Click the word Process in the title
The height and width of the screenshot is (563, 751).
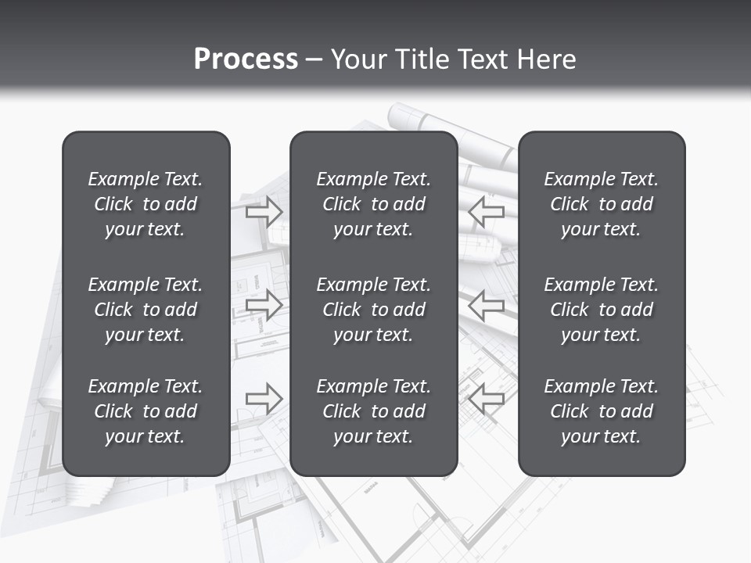click(246, 59)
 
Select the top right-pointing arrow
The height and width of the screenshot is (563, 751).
click(264, 211)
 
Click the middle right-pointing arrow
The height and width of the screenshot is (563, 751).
click(264, 304)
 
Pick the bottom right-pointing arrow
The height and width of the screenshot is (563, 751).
click(264, 399)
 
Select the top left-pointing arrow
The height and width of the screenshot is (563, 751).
click(487, 211)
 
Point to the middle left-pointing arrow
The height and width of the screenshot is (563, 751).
click(487, 304)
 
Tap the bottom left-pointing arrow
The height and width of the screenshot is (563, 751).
click(487, 399)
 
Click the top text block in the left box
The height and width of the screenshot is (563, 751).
click(146, 204)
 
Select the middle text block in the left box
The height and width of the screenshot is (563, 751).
click(146, 310)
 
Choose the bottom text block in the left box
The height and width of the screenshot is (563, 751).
click(146, 411)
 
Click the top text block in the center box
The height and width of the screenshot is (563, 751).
click(373, 204)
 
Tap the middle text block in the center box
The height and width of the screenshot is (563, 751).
click(373, 310)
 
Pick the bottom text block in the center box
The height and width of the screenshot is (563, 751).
click(373, 411)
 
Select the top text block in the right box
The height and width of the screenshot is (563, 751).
click(601, 204)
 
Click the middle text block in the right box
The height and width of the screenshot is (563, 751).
click(601, 310)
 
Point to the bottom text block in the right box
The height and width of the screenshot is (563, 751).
click(601, 411)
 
